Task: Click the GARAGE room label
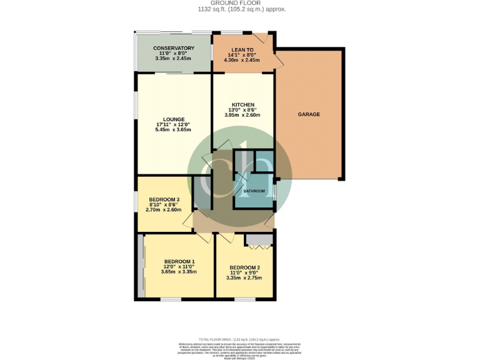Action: [x=309, y=114]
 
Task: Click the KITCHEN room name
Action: [x=242, y=104]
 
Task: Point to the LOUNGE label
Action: [x=173, y=119]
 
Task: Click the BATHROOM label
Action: [x=254, y=191]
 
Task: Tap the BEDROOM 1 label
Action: [x=179, y=261]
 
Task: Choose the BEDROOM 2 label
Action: [x=244, y=267]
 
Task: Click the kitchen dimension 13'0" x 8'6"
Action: [x=242, y=110]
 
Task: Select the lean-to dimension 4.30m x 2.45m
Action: [x=242, y=61]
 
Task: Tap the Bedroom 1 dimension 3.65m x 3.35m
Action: [x=179, y=272]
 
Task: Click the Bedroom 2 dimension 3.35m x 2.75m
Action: [x=244, y=278]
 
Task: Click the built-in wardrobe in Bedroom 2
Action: [x=258, y=240]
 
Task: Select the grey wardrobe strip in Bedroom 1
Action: [x=141, y=266]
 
